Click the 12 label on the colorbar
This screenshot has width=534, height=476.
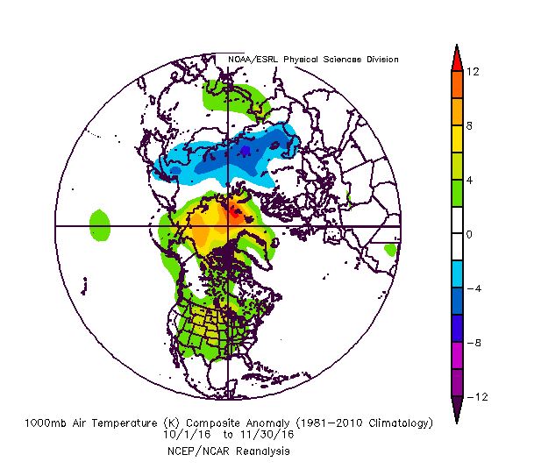coord(473,72)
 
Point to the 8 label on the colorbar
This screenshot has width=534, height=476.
coord(471,126)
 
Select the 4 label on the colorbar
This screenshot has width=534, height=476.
coord(471,181)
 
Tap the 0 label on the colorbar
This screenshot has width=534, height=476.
coord(471,235)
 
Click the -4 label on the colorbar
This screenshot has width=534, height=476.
coord(473,289)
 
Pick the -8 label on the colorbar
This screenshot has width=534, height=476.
coord(473,344)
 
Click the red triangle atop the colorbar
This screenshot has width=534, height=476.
coord(456,55)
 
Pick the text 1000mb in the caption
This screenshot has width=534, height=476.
coord(46,423)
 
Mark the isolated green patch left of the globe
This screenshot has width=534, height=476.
coord(99,224)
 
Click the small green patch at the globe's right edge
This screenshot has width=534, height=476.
coord(391,249)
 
